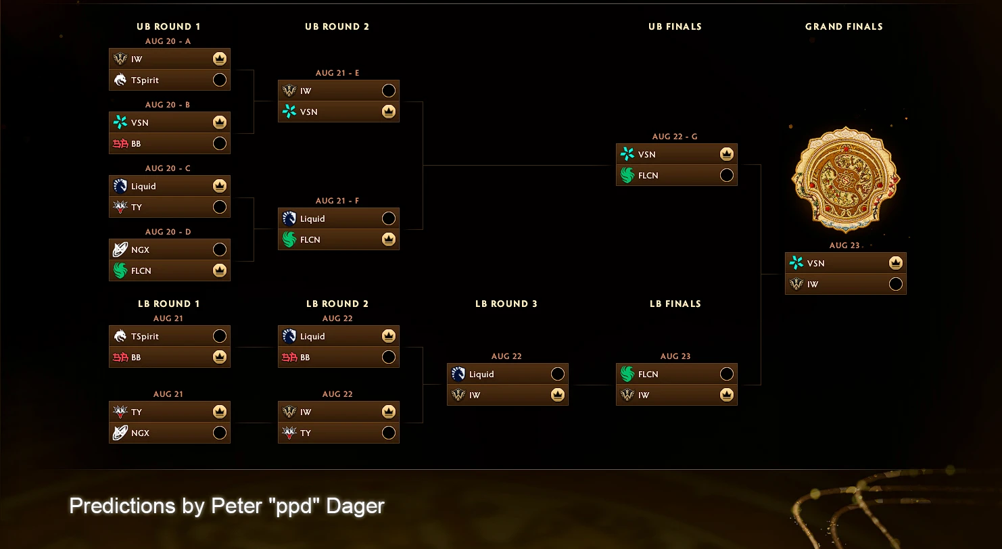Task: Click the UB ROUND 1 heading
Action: tap(168, 26)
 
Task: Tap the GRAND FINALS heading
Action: tap(844, 26)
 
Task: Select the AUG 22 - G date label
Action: tap(675, 137)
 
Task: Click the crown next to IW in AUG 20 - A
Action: tap(219, 59)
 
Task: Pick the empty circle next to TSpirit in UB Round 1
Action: tap(219, 80)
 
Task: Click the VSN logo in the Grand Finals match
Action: tap(796, 262)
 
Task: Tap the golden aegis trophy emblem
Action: tap(845, 179)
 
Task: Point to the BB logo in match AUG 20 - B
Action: tap(120, 143)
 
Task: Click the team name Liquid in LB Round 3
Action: tap(481, 374)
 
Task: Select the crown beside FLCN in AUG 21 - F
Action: tap(388, 239)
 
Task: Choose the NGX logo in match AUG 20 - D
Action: tap(120, 249)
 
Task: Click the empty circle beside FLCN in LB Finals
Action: tap(726, 374)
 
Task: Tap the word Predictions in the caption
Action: tap(122, 506)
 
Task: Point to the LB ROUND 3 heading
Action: tap(506, 304)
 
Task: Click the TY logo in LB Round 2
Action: tap(289, 433)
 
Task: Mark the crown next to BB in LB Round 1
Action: tap(219, 357)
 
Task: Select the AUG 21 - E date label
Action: tap(337, 73)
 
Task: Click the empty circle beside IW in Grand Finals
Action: tap(896, 284)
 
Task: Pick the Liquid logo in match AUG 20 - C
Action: tap(120, 186)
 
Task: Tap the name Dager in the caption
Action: tap(355, 506)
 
